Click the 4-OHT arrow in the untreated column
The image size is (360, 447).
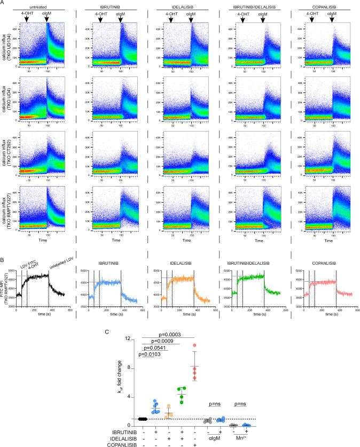click(x=28, y=20)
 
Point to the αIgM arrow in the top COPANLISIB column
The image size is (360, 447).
click(x=332, y=20)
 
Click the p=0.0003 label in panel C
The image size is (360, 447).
click(x=168, y=334)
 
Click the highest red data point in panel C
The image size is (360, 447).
click(x=195, y=345)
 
